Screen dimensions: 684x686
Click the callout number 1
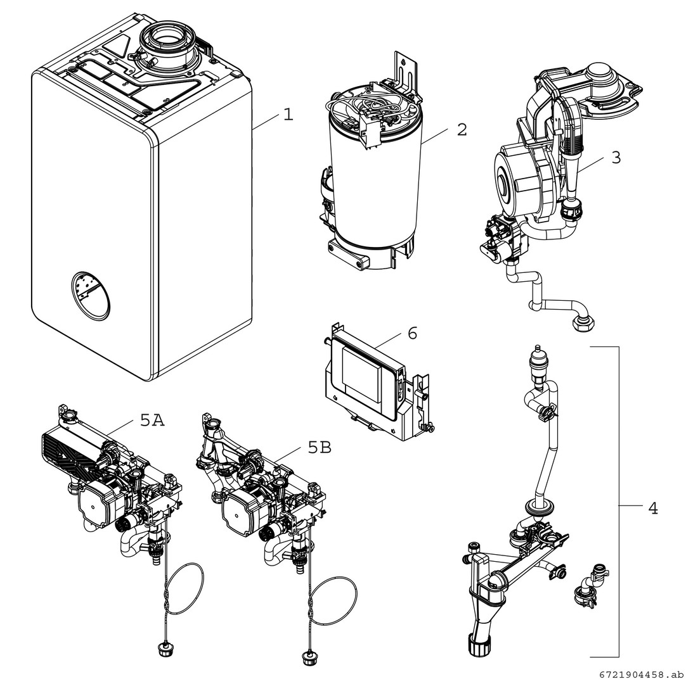[288, 115]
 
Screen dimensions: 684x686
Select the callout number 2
[462, 130]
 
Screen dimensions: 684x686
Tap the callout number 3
[616, 158]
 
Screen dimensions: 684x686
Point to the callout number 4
[652, 508]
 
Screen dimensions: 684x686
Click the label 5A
[152, 420]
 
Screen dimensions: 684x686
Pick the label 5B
[320, 448]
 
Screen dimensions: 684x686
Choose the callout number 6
[412, 333]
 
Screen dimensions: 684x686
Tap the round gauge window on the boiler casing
[90, 294]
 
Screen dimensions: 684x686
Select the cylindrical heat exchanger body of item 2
[374, 190]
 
